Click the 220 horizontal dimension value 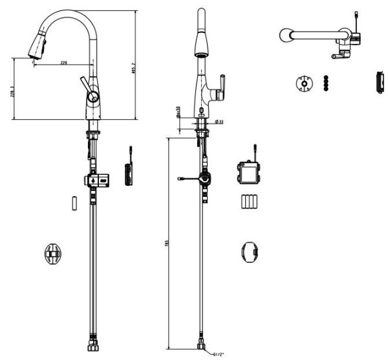[65, 62]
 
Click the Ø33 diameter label [219, 121]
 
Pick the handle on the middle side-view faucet [220, 85]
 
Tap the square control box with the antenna [247, 172]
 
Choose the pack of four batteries [249, 201]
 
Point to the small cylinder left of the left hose [75, 201]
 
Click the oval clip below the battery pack [249, 252]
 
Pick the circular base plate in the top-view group [302, 84]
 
